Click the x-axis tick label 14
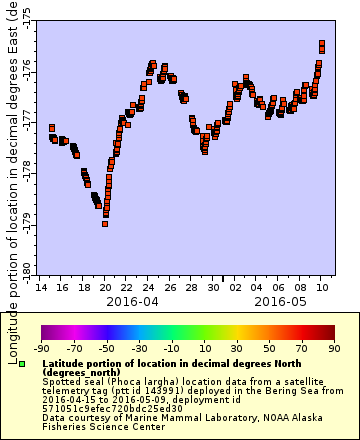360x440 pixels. point(40,287)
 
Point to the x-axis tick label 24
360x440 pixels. point(148,287)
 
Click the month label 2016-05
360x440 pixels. point(279,300)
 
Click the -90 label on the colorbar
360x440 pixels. point(41,348)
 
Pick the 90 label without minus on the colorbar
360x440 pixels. point(334,348)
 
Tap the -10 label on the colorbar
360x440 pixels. point(171,348)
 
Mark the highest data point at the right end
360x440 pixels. point(322,44)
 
